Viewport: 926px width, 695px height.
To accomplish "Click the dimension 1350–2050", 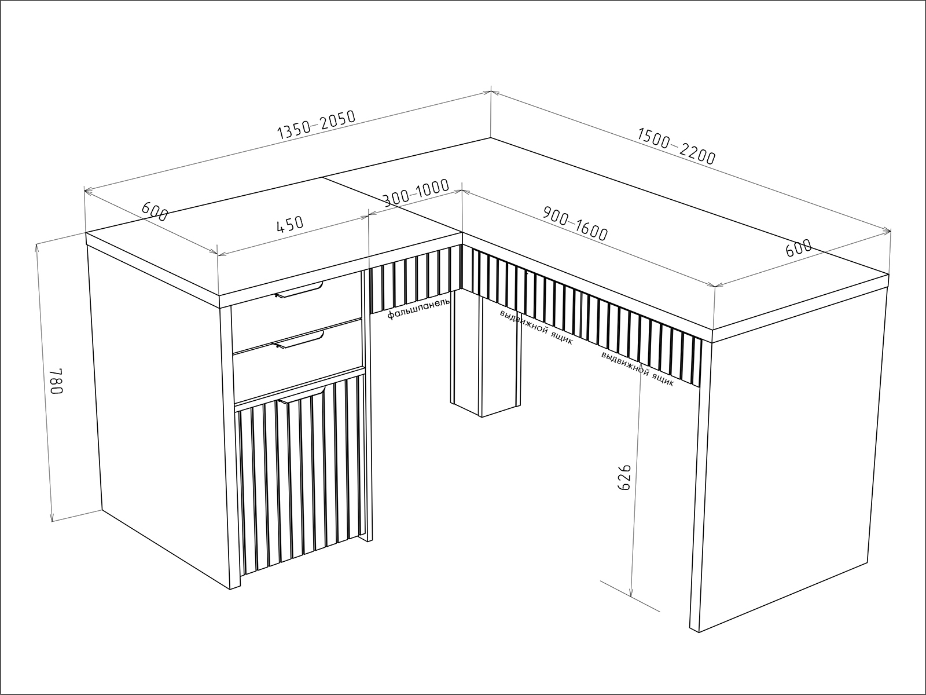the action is point(317,125).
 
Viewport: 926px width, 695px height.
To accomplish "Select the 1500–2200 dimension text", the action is point(676,146).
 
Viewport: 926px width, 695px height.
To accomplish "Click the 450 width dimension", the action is point(290,224).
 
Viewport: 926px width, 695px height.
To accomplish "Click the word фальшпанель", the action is point(418,309).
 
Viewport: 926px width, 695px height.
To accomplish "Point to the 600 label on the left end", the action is point(155,211).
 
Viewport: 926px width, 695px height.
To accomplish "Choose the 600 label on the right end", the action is point(799,248).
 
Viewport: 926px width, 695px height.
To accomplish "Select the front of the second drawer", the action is point(298,359).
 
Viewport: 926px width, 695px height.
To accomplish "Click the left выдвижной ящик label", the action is point(536,327).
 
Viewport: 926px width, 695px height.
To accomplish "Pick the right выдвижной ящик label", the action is point(637,368).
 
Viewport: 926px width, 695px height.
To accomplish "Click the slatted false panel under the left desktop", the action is point(415,279).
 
